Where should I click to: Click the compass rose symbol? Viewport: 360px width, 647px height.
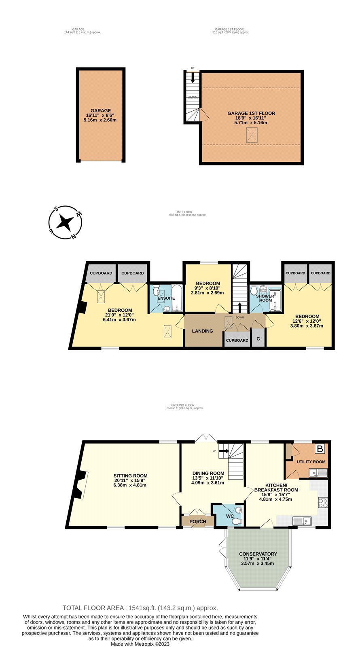[x=66, y=222]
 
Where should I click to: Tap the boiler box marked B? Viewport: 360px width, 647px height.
[x=320, y=449]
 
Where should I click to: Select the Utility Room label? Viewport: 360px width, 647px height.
[x=311, y=461]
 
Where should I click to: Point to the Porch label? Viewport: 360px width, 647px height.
[x=198, y=522]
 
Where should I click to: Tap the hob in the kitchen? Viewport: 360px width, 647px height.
[x=323, y=503]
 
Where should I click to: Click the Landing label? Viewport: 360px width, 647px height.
[x=203, y=331]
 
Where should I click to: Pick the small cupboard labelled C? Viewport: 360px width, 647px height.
[x=258, y=340]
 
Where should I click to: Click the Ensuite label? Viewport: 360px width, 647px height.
[x=166, y=298]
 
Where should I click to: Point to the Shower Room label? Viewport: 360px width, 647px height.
[x=265, y=298]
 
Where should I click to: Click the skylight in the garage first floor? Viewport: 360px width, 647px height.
[x=252, y=135]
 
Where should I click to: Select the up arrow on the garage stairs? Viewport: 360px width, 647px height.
[x=193, y=78]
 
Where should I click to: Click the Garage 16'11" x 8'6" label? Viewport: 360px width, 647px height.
[x=101, y=115]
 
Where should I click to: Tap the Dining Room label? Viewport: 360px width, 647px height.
[x=208, y=478]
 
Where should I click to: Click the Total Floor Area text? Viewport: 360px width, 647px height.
[x=140, y=608]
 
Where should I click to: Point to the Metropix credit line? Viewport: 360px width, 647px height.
[x=140, y=644]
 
